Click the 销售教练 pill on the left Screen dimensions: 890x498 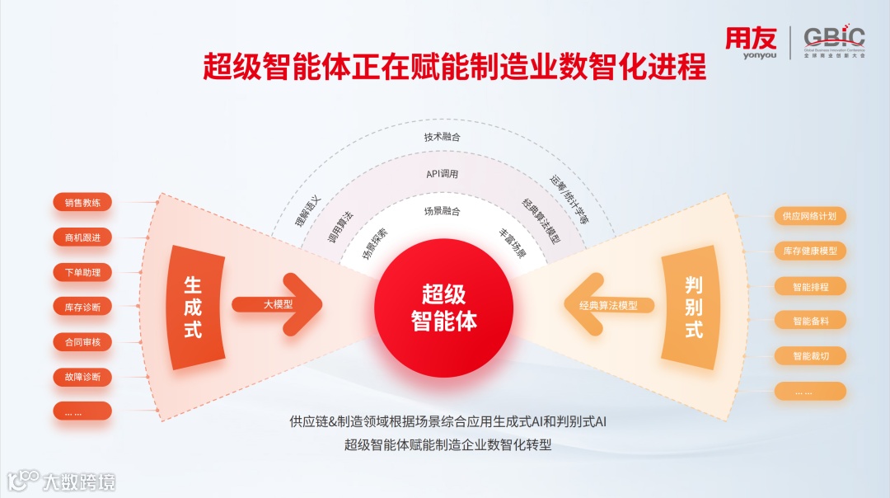pos(82,203)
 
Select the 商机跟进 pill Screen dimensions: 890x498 pos(82,237)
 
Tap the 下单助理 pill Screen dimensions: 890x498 pos(82,272)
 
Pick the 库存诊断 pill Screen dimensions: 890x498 pos(82,307)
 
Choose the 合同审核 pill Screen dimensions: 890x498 pos(82,341)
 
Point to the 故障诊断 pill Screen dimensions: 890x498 pos(82,377)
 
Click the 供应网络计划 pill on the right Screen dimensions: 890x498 pos(809,216)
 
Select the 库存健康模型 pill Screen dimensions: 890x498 pos(809,251)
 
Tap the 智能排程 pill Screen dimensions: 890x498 pos(809,286)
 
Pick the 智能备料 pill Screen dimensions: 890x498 pos(809,321)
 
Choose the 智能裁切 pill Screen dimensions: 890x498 pos(809,356)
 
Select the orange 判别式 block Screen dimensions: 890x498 pos(693,307)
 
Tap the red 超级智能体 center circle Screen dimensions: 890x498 pos(444,307)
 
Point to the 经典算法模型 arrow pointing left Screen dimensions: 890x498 pos(610,305)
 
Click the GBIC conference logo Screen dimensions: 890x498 pos(834,42)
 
